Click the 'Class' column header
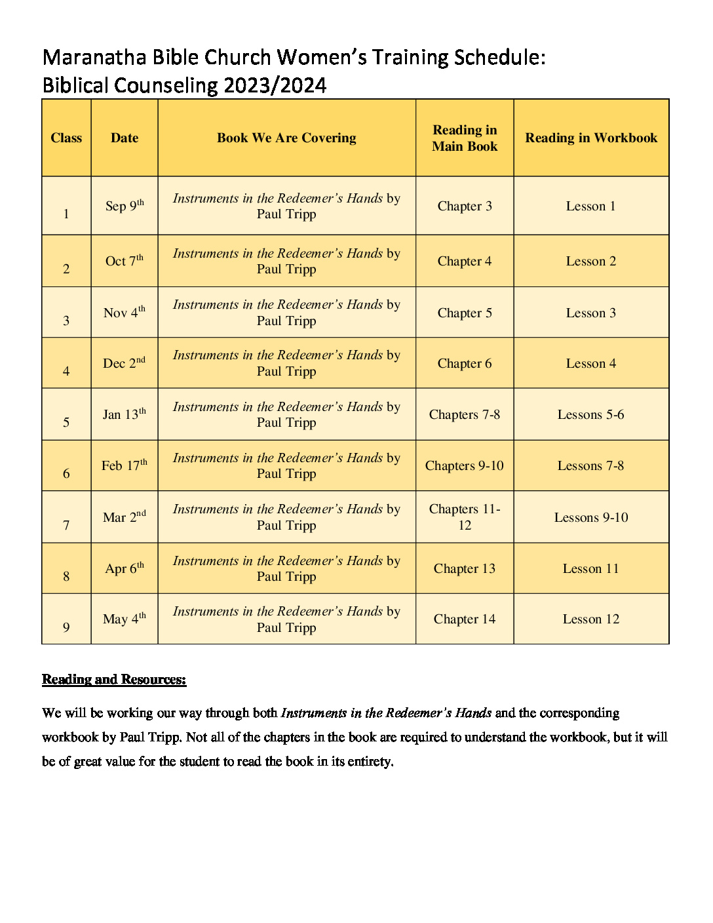pyautogui.click(x=66, y=138)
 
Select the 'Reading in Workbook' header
pyautogui.click(x=591, y=138)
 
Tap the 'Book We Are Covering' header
pyautogui.click(x=286, y=138)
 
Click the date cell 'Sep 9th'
pyautogui.click(x=125, y=206)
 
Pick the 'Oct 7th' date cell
pyautogui.click(x=125, y=261)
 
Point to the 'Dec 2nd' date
pyautogui.click(x=125, y=363)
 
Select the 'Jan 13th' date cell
pyautogui.click(x=125, y=414)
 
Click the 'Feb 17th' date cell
pyautogui.click(x=125, y=465)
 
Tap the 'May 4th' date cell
pyautogui.click(x=125, y=619)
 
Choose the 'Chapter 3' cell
pyautogui.click(x=465, y=206)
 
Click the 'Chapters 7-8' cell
pyautogui.click(x=465, y=414)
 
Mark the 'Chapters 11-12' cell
pyautogui.click(x=465, y=517)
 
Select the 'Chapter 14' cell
pyautogui.click(x=465, y=619)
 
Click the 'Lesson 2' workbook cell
pyautogui.click(x=591, y=261)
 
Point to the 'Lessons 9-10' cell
pyautogui.click(x=591, y=517)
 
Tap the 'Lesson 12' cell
pyautogui.click(x=591, y=619)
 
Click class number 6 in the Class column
pyautogui.click(x=66, y=473)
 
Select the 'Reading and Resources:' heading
pyautogui.click(x=114, y=679)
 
